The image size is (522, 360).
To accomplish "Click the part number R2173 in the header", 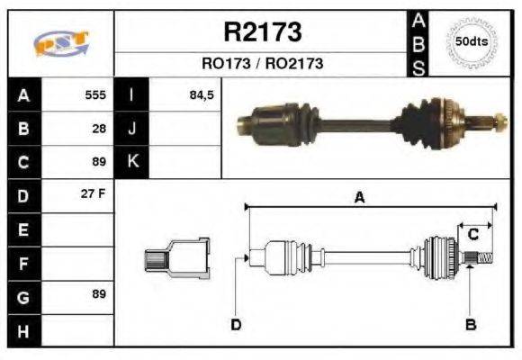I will tap(262, 32).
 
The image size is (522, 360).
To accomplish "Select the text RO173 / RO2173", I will tap(262, 65).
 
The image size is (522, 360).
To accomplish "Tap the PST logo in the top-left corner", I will tap(60, 42).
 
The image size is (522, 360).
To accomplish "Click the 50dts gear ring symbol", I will tap(471, 41).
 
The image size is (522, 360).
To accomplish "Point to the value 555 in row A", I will tap(95, 94).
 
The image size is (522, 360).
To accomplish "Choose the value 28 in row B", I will tap(100, 128).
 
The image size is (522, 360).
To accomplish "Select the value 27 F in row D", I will tap(94, 194).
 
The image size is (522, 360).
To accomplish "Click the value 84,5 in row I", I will tap(201, 94).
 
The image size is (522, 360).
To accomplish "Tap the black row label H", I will tap(22, 329).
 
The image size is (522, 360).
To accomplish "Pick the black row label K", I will tap(132, 161).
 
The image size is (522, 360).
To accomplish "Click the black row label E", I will tap(22, 229).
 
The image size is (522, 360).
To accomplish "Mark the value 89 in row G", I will tap(99, 295).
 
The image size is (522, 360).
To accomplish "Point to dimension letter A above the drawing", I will tap(359, 198).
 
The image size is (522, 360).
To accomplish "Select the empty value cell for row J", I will tap(184, 128).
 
